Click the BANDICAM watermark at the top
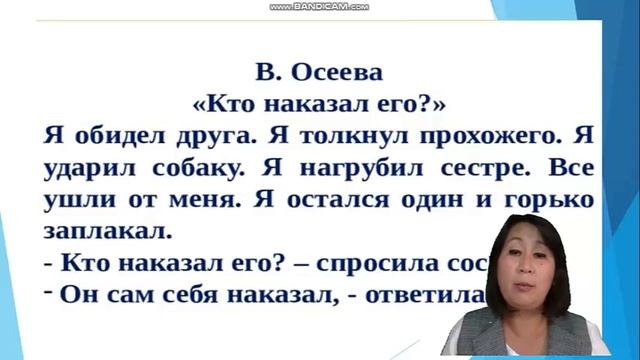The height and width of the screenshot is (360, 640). tap(320, 6)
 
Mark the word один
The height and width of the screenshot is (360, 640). tap(439, 199)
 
